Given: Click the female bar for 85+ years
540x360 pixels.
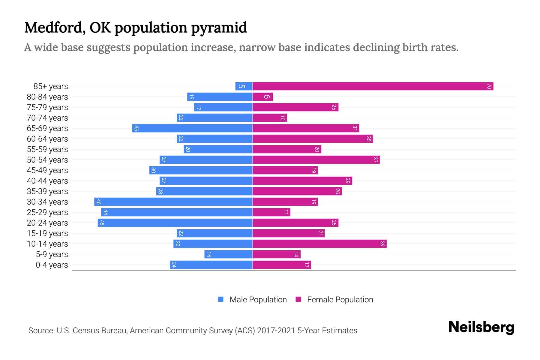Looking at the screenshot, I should coord(373,86).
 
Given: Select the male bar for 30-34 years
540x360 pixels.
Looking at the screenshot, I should coord(173,202).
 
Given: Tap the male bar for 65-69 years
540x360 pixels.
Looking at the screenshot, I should coord(192,128).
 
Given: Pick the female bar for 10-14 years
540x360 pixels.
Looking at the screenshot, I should coord(319,244).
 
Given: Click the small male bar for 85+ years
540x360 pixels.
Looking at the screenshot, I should coord(244,86).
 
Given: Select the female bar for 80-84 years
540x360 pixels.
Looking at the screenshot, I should coord(263,97).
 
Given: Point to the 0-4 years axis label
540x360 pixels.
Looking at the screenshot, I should coord(52,265).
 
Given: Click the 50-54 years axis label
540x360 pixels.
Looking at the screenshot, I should coord(47,160).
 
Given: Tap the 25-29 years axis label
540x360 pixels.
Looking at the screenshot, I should coord(47,212).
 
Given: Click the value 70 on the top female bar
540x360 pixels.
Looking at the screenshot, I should coord(489,86).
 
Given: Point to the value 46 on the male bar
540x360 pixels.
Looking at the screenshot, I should coord(98,202).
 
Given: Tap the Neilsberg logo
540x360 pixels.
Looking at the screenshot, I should coord(481,327).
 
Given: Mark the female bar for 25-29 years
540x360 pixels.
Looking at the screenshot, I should coord(271,212).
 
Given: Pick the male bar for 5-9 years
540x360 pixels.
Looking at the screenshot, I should coord(228,254).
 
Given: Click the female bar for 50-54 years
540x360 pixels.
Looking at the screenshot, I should coord(316,160).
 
